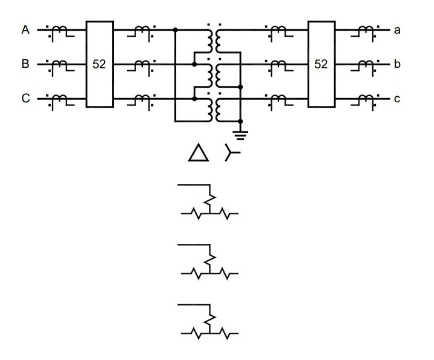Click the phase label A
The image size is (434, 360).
(25, 29)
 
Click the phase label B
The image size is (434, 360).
(25, 64)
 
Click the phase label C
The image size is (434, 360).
(25, 98)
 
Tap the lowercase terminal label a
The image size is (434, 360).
(397, 29)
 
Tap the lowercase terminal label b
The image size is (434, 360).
(397, 64)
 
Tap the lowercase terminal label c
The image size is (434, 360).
(397, 98)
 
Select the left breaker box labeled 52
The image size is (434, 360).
(99, 64)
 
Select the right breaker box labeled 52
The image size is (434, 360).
(321, 64)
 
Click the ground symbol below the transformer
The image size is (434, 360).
(240, 133)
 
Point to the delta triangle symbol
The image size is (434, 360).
(198, 154)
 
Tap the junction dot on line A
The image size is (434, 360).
(175, 29)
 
